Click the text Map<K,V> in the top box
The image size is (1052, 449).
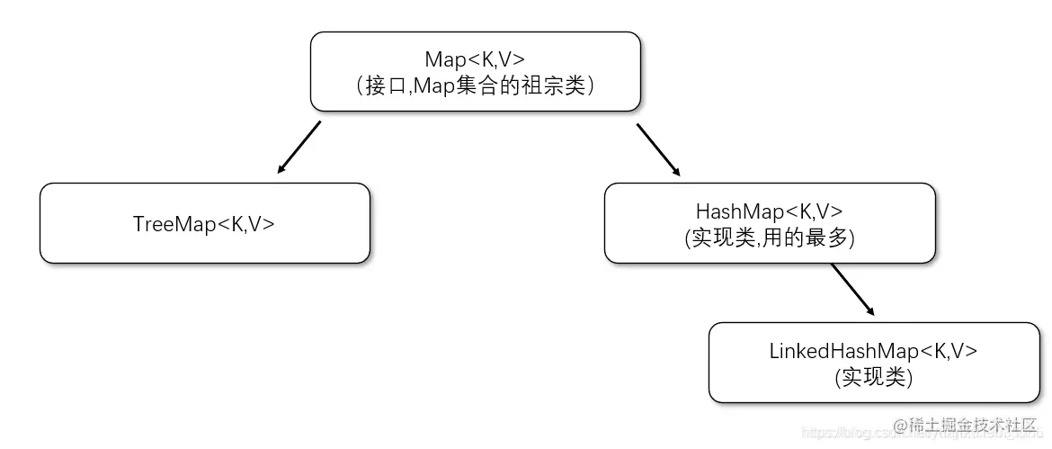pyautogui.click(x=475, y=59)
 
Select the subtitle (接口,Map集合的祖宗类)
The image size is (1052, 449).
pyautogui.click(x=475, y=85)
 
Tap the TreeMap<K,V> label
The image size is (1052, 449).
pyautogui.click(x=204, y=224)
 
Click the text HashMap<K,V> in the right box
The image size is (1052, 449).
pyautogui.click(x=769, y=211)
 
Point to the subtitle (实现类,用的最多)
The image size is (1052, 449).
pyautogui.click(x=769, y=238)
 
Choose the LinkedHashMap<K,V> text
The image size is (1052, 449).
pyautogui.click(x=873, y=352)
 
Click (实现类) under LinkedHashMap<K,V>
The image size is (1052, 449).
pyautogui.click(x=873, y=378)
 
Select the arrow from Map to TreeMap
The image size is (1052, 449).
pyautogui.click(x=299, y=147)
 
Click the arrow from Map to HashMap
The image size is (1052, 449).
pyautogui.click(x=658, y=148)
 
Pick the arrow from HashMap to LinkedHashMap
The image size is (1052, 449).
pyautogui.click(x=851, y=289)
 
